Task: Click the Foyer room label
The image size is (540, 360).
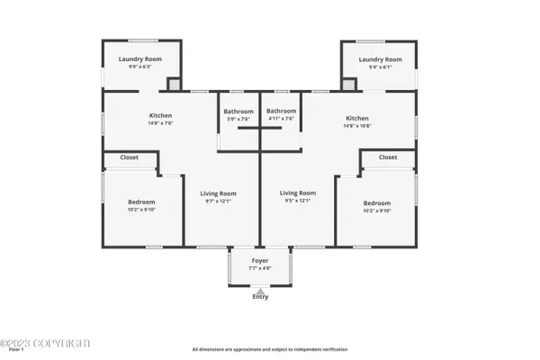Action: (x=260, y=260)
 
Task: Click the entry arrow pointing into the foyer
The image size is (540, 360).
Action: (x=260, y=289)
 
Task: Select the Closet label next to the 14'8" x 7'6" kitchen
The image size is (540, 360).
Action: (x=130, y=157)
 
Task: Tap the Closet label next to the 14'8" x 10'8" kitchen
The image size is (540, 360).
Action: (x=388, y=157)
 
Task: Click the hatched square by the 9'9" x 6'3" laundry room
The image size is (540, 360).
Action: (x=175, y=84)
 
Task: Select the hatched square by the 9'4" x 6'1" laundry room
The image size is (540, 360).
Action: (x=346, y=84)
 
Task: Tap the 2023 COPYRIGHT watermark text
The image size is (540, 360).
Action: (x=46, y=344)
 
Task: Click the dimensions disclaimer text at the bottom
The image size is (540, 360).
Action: (x=269, y=349)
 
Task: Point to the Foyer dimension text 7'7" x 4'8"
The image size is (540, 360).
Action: (x=260, y=267)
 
